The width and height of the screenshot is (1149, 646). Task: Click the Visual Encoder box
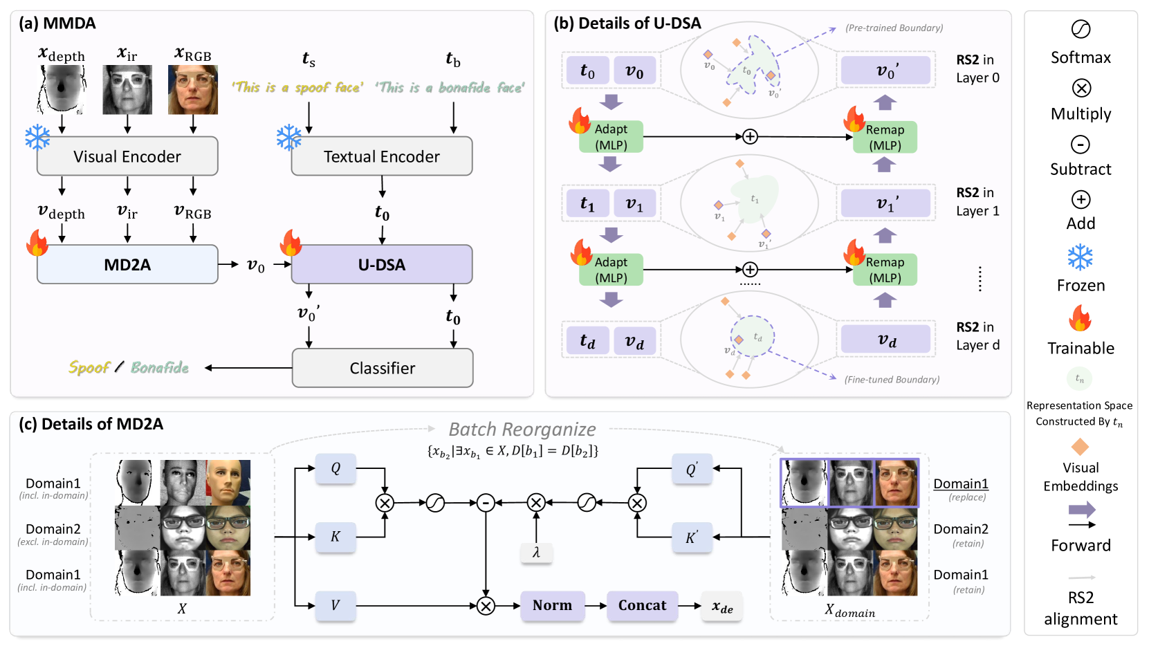coord(127,156)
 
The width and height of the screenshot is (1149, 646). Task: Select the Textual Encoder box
coord(382,156)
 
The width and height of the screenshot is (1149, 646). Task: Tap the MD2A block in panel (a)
coord(127,264)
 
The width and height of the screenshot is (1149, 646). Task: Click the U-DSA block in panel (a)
coord(382,264)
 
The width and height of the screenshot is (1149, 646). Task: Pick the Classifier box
coord(383,368)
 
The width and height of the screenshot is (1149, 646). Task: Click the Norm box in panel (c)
coord(552,605)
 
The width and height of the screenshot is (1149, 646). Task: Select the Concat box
coord(642,605)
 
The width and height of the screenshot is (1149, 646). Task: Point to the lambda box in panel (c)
coord(536,552)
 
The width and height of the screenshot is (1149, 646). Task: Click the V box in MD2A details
coord(335,605)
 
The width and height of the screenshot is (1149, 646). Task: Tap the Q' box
coord(691,470)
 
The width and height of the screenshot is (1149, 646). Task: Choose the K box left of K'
coord(335,537)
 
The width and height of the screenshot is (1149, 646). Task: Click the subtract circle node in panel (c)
coord(486,503)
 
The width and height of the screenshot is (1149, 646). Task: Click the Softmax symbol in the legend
coord(1081,29)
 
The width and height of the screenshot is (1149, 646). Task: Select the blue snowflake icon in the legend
coord(1080,257)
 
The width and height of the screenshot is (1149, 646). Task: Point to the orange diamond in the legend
coord(1080,446)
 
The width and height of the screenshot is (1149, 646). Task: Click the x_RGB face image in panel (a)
coord(193,90)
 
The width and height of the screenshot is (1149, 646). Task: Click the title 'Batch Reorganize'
coord(522,430)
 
